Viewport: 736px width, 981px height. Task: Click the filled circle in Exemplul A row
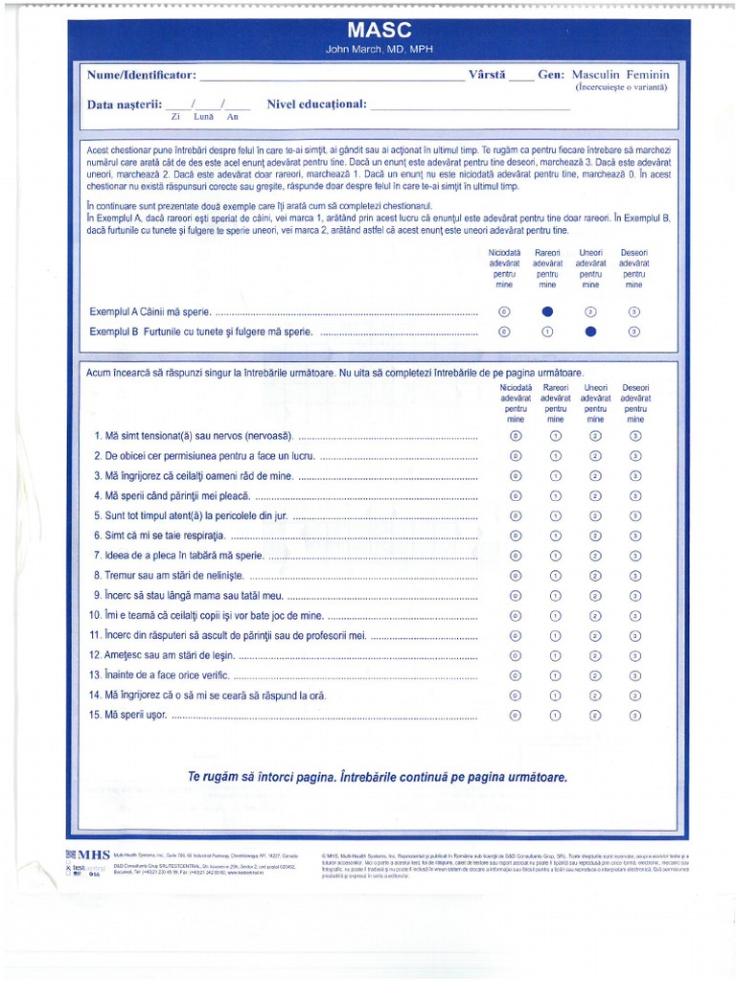[547, 311]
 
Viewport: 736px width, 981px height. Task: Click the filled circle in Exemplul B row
[590, 331]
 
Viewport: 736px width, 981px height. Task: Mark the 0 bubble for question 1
[516, 436]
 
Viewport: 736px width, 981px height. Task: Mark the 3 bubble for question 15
[635, 715]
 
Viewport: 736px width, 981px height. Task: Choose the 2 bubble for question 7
[595, 555]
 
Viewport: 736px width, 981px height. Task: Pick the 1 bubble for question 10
[555, 615]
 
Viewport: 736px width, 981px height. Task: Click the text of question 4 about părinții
[172, 495]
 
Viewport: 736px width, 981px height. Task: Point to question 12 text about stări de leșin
[163, 655]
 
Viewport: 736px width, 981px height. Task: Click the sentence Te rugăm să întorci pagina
[378, 776]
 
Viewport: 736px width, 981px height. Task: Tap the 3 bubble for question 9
[635, 595]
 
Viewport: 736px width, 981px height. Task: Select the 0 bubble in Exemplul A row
[505, 311]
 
